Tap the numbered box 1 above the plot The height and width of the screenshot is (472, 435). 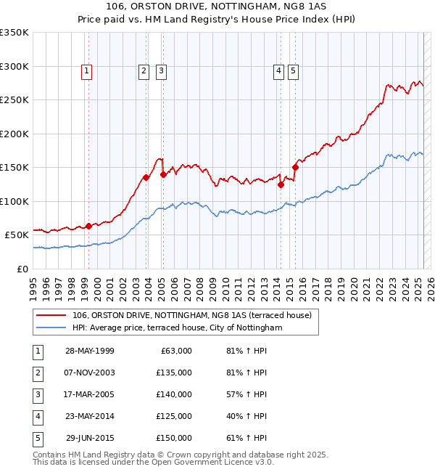[x=86, y=70]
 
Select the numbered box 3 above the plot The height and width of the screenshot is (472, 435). [x=160, y=70]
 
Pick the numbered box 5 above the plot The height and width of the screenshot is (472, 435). [x=293, y=70]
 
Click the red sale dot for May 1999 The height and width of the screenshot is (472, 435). [x=89, y=226]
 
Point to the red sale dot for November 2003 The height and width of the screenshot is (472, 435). [x=146, y=177]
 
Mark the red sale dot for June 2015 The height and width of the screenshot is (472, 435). [x=295, y=168]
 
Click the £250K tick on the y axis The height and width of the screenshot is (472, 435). [x=14, y=100]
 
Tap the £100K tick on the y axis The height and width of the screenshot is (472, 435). [x=14, y=201]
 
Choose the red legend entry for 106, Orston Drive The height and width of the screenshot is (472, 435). [x=191, y=315]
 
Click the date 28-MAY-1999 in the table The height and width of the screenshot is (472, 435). [x=90, y=351]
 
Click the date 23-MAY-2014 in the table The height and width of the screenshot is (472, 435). [x=90, y=416]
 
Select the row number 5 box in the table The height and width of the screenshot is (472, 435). [x=38, y=438]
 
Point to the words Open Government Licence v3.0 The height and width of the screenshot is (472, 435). [x=213, y=462]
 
